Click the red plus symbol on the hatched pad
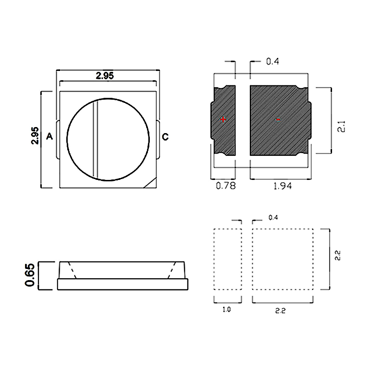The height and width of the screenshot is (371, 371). (x=223, y=120)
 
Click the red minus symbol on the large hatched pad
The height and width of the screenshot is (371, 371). (x=279, y=120)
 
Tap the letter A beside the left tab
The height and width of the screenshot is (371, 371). (x=50, y=136)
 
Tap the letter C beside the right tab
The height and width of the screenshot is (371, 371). (x=165, y=137)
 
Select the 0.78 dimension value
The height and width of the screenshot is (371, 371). (x=226, y=186)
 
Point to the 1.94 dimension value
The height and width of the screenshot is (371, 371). (x=282, y=186)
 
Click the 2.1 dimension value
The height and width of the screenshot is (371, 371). (x=342, y=126)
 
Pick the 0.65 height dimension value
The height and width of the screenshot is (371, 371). (x=30, y=275)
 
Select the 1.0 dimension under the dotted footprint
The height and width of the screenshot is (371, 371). (x=227, y=309)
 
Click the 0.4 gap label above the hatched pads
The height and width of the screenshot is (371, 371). (x=273, y=62)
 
